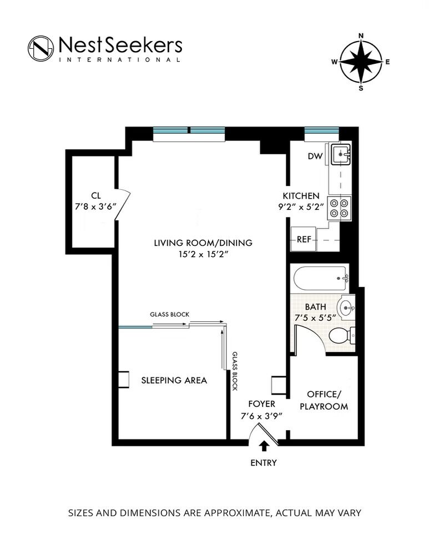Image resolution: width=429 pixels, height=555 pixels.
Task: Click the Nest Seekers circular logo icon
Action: click(x=41, y=48)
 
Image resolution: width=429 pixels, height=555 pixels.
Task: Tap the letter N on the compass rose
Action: click(x=361, y=36)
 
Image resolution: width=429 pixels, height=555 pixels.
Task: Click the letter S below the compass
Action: click(x=361, y=88)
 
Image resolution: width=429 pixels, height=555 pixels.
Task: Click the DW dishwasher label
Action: click(x=315, y=156)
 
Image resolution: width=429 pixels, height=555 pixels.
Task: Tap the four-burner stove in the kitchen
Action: click(x=339, y=208)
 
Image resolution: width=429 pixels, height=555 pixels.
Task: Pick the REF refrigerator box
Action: click(x=304, y=239)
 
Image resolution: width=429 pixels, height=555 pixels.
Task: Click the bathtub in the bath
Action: click(x=320, y=279)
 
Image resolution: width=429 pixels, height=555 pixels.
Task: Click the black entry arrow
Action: click(x=264, y=446)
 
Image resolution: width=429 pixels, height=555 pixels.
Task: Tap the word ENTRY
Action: click(x=264, y=463)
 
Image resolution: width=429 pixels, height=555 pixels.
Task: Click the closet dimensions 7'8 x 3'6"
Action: click(x=95, y=206)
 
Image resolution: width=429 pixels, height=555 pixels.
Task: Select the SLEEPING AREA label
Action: click(x=174, y=380)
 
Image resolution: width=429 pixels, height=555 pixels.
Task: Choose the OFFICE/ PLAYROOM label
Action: click(x=324, y=400)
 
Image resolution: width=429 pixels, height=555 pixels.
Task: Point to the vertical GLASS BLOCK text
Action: click(x=235, y=371)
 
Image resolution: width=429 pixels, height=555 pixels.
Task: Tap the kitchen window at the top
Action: click(x=322, y=130)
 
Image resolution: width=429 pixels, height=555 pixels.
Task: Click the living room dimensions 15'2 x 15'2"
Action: click(x=203, y=254)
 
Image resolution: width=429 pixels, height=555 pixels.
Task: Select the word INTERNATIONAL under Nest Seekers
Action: click(x=120, y=59)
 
